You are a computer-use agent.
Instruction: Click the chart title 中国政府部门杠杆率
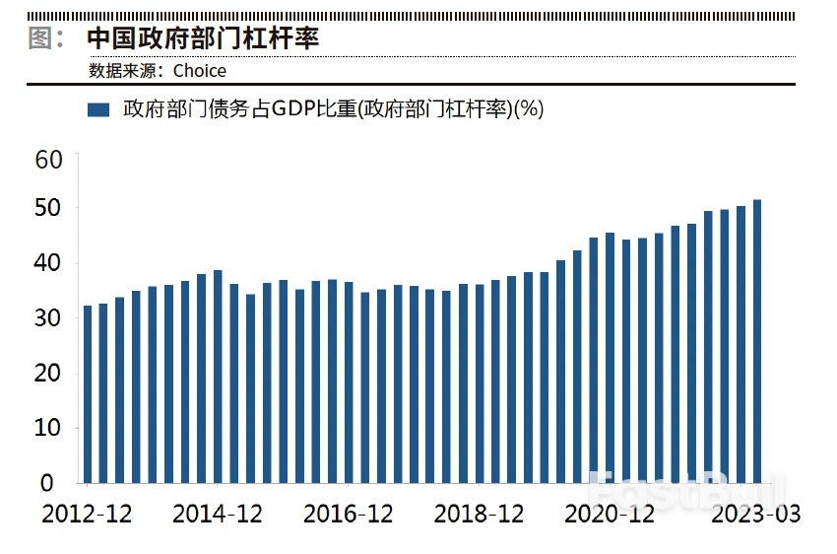pos(203,38)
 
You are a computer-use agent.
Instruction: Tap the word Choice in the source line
pos(200,71)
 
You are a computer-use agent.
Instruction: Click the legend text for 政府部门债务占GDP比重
pos(333,110)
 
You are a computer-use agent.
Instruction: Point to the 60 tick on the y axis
pos(48,159)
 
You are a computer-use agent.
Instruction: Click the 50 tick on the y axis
pos(48,209)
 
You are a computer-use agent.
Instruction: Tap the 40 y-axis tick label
pos(48,263)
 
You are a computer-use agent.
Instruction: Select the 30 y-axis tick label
pos(48,318)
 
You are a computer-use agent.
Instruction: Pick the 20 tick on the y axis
pos(48,374)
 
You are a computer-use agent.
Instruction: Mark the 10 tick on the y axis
pos(48,429)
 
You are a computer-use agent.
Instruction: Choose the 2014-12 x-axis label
pos(217,515)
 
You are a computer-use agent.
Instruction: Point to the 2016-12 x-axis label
pos(348,515)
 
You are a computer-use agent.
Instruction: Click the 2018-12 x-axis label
pos(479,515)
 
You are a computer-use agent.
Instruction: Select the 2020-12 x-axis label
pos(610,515)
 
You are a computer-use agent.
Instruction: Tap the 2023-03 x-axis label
pos(756,515)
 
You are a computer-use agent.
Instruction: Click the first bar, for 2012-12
pos(88,394)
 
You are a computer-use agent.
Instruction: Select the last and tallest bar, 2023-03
pos(757,341)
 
